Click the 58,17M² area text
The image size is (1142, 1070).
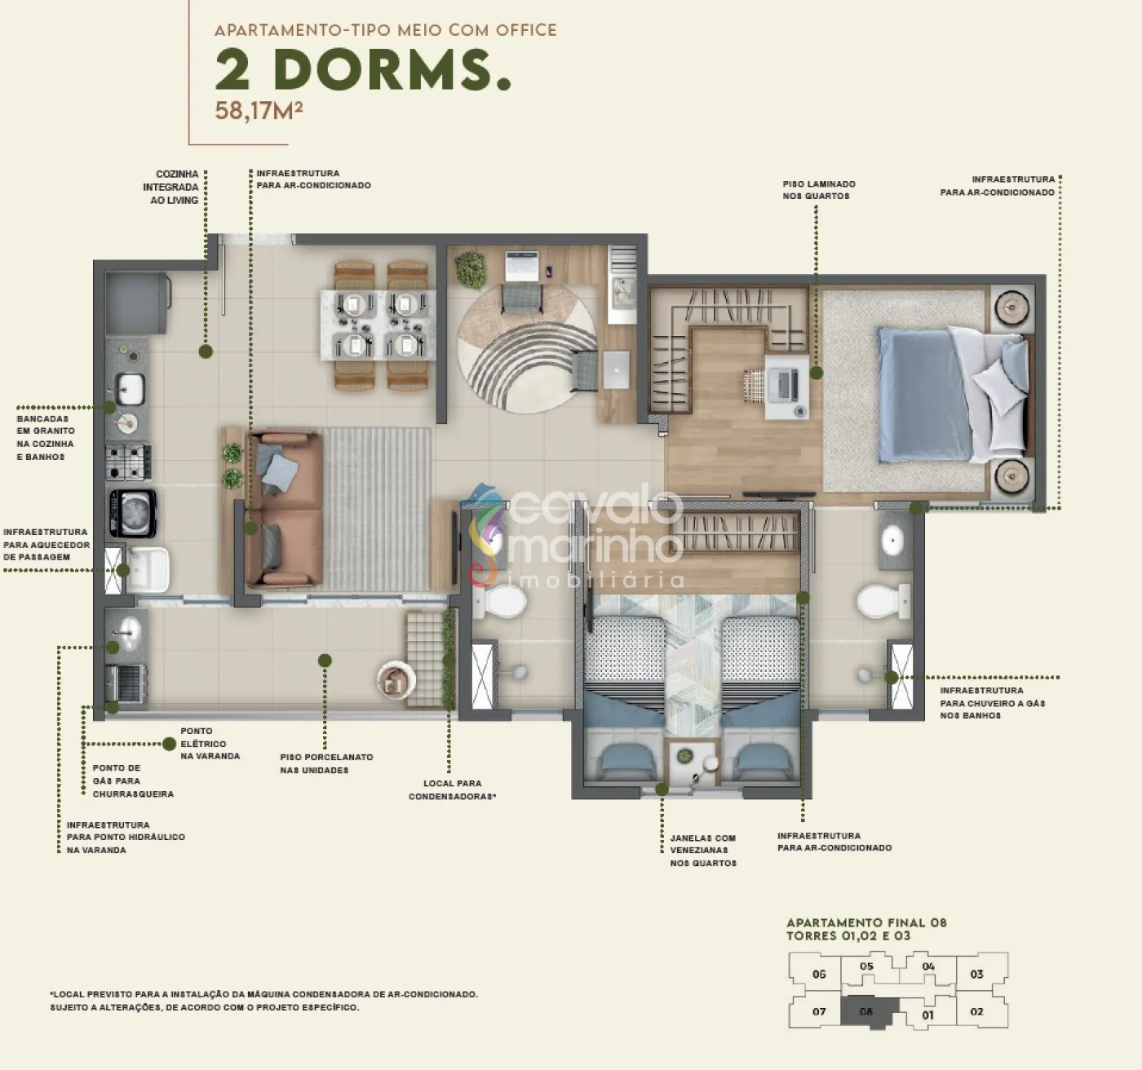(259, 110)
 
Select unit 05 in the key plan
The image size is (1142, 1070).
(866, 966)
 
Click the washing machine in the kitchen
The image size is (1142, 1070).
(133, 513)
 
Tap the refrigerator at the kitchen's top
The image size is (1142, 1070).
(137, 303)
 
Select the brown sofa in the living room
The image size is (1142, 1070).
(284, 510)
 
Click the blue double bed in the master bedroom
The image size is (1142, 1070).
(953, 395)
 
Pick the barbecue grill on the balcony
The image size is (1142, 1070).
(126, 683)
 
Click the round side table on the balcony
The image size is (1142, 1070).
(396, 679)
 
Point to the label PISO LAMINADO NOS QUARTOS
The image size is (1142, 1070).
(819, 190)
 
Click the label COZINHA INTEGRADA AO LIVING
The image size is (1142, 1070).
(170, 187)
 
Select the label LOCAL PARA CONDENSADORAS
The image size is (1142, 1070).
(452, 789)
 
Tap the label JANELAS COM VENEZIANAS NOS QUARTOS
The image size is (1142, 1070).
(702, 851)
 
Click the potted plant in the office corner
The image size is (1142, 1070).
(471, 268)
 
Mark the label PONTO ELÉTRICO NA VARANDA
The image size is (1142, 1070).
(210, 744)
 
